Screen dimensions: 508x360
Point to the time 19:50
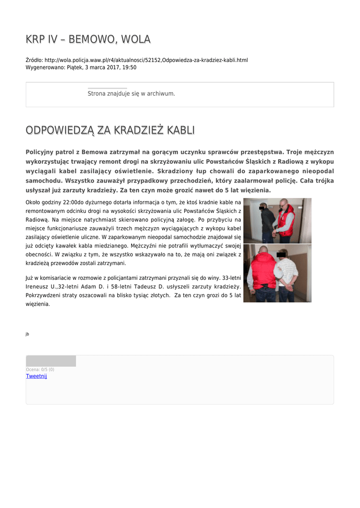pos(130,67)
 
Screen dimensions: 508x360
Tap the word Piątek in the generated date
pos(75,67)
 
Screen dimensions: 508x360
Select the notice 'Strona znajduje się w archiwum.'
pos(131,93)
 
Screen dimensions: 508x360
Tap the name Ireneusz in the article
pos(38,287)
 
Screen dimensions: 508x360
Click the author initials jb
pos(27,334)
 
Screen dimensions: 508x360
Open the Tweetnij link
pos(36,376)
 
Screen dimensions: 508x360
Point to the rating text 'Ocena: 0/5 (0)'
pos(40,370)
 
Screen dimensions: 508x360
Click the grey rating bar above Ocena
pos(51,361)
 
